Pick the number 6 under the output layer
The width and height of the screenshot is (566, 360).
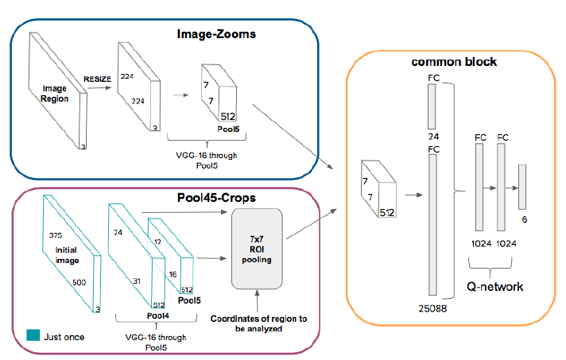[x=524, y=219]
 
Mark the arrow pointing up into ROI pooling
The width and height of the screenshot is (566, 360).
[x=257, y=300]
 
